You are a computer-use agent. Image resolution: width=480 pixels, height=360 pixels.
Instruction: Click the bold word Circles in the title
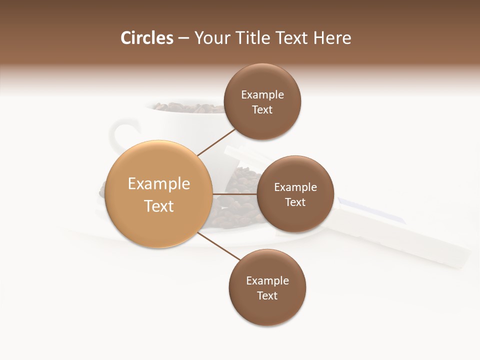[147, 38]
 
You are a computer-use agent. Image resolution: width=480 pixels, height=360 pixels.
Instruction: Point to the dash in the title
[183, 38]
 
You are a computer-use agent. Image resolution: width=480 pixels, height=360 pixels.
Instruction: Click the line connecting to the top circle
[216, 142]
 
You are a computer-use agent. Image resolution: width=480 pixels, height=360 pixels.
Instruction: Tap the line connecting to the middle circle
[234, 193]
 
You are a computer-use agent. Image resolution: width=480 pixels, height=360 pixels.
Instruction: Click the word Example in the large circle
[159, 184]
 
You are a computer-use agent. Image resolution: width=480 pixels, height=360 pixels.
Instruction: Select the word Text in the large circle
[159, 206]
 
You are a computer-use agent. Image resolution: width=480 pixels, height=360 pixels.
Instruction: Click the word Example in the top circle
[262, 95]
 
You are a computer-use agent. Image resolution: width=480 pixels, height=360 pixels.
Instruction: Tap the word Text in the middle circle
[295, 202]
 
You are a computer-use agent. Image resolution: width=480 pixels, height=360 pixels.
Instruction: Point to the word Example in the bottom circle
[267, 281]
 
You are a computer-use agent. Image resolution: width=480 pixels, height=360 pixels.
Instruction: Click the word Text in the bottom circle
[267, 296]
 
